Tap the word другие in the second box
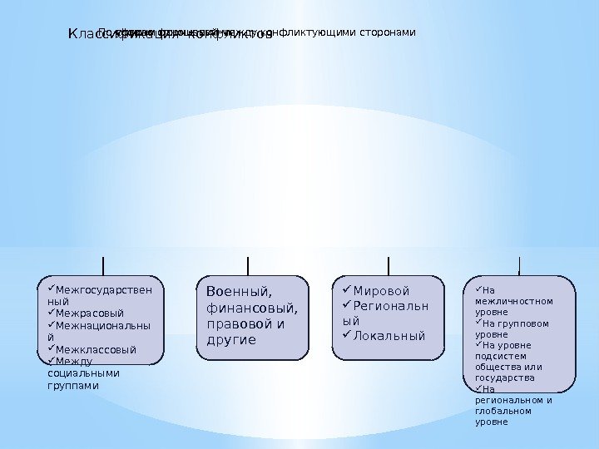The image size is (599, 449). tap(230, 340)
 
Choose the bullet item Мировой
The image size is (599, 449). tap(382, 291)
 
